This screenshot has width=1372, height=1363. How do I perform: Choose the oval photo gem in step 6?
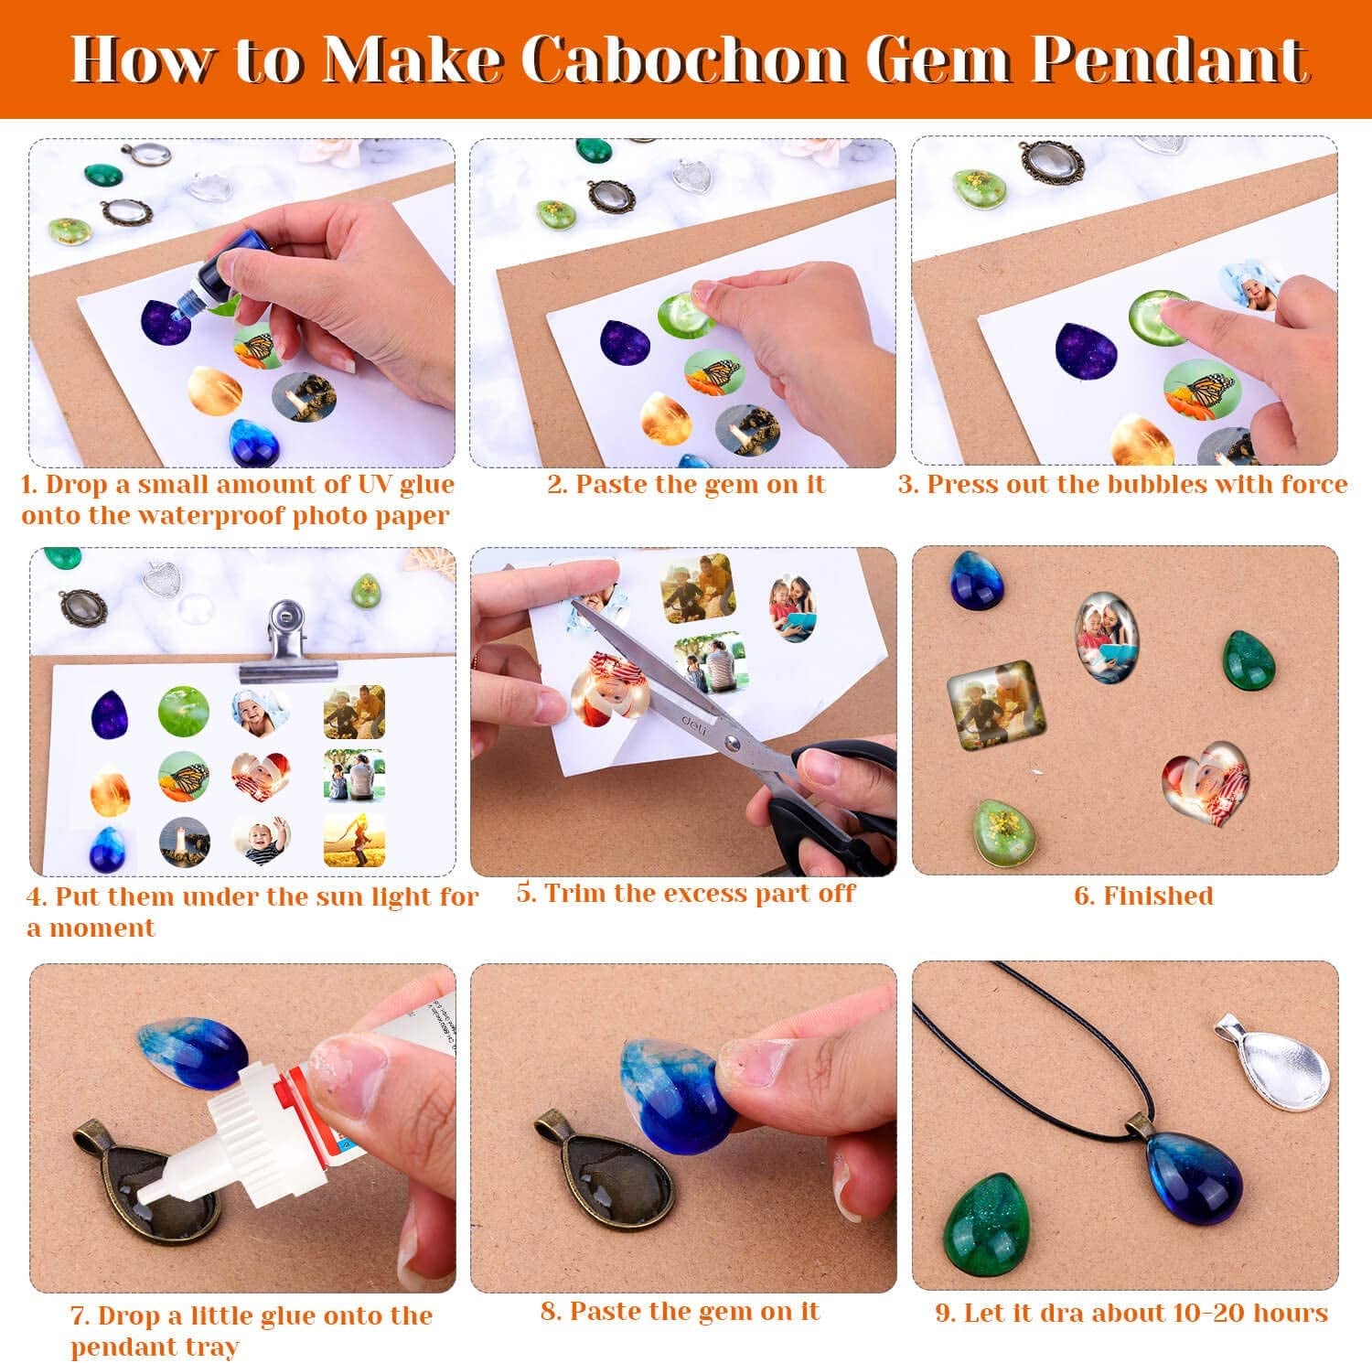[1108, 637]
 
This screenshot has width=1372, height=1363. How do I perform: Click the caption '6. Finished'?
[1143, 896]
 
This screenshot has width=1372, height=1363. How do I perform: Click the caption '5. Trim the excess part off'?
[685, 893]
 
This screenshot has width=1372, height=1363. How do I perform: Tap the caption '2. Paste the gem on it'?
[685, 485]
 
